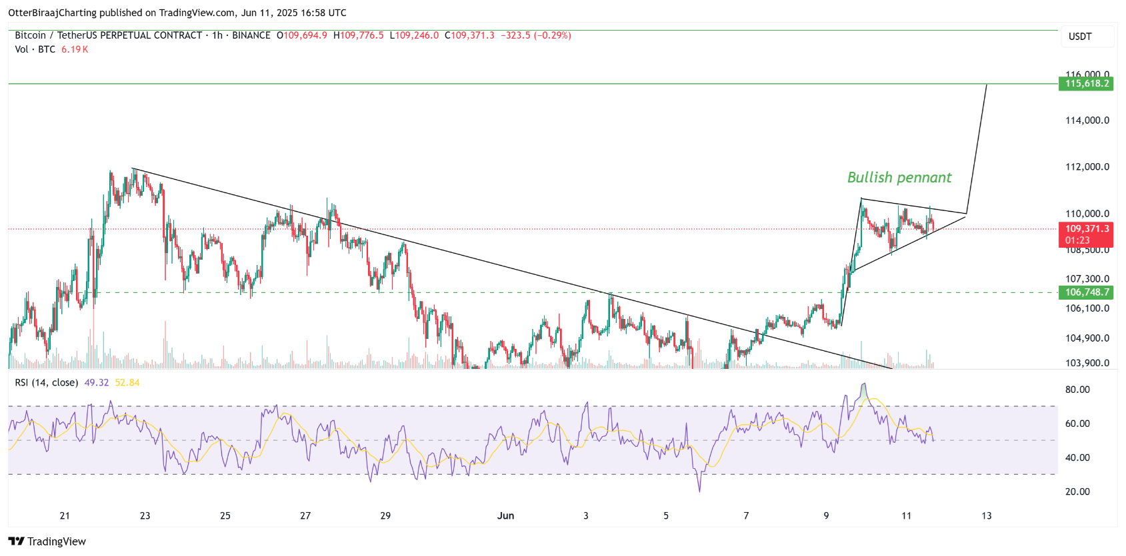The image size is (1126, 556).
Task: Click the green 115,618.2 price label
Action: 1086,84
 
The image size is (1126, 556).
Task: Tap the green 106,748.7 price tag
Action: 1086,292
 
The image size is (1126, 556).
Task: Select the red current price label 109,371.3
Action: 1087,229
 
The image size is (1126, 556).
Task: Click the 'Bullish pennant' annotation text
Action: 899,178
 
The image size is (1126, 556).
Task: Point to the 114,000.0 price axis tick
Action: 1087,121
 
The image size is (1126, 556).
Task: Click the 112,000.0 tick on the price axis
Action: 1087,167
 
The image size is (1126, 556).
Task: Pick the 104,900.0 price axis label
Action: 1087,338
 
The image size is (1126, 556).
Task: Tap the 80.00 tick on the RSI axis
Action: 1077,390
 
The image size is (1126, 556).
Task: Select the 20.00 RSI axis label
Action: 1077,491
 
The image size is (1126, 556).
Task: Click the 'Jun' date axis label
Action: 505,515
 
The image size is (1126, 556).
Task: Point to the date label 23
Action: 145,515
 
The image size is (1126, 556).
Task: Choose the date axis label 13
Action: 987,515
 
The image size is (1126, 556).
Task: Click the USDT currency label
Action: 1080,37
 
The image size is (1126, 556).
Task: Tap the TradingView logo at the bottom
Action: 47,541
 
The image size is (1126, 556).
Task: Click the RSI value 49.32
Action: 97,383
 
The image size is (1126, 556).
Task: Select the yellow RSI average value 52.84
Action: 127,383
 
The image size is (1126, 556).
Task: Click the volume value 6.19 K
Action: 75,49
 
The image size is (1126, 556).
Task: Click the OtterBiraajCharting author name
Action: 52,13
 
